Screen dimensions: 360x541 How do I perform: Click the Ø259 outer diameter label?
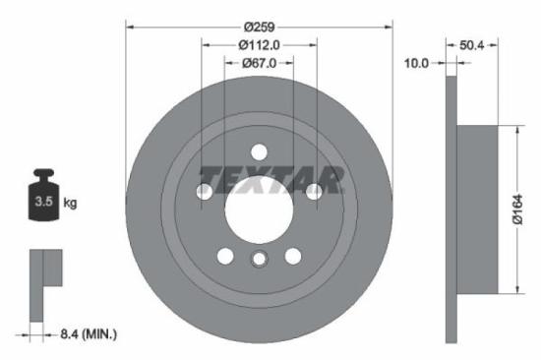(x=260, y=22)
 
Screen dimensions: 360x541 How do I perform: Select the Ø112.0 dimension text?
(x=260, y=43)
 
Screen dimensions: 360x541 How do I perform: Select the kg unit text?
(x=70, y=204)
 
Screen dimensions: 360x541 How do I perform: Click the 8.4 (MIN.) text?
(x=88, y=335)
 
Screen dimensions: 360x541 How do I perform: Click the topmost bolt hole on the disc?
(x=259, y=152)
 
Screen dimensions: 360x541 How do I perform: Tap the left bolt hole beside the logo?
(x=205, y=192)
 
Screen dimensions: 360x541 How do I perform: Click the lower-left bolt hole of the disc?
(x=225, y=256)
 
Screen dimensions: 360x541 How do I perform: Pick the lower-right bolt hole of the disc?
(x=292, y=256)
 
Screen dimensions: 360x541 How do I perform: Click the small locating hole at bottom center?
(x=259, y=260)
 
